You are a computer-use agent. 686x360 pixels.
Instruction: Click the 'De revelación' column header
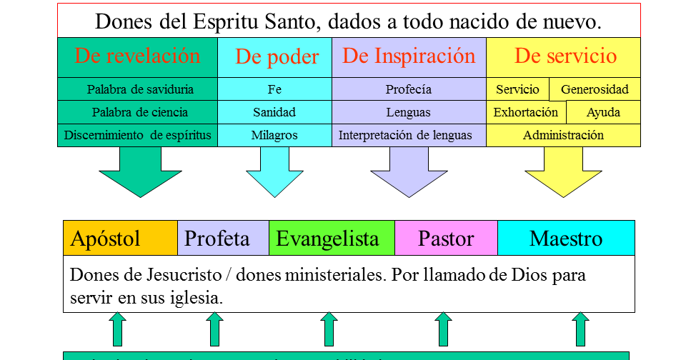coord(137,56)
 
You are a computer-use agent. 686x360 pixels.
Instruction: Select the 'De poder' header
coord(277,58)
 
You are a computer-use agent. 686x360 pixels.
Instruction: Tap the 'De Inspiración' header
coord(409,56)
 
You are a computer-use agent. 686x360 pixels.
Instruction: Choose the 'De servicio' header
coord(565,56)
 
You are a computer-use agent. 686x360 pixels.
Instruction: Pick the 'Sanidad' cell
coord(274,112)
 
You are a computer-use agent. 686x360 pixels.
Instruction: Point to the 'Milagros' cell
coord(274,135)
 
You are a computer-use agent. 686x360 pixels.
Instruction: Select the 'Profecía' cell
coord(409,89)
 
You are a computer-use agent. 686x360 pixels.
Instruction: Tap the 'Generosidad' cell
coord(595,89)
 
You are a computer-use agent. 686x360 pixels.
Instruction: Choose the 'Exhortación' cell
coord(526,112)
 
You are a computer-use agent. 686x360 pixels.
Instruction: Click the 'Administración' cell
coord(563,135)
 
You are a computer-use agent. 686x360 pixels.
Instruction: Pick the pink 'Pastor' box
coord(446,238)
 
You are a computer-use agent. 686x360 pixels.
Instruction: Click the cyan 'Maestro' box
coord(566,238)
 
